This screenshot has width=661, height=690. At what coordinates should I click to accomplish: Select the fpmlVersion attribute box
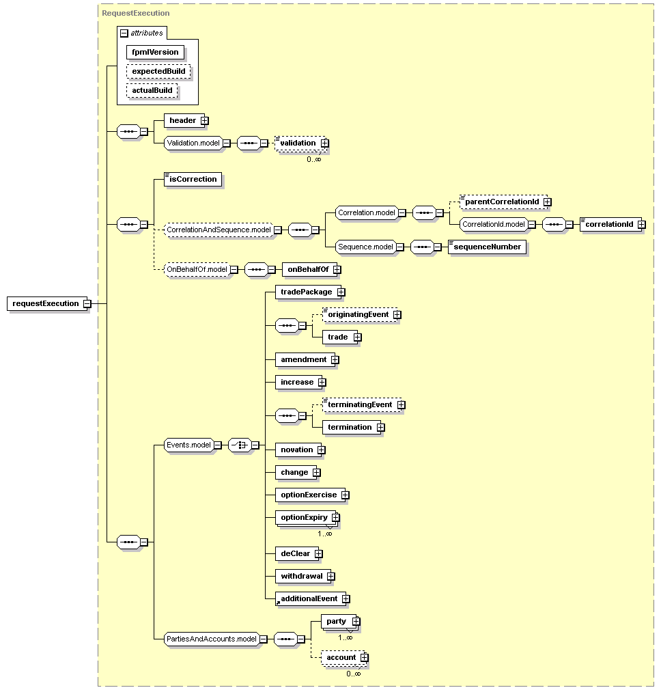pos(155,52)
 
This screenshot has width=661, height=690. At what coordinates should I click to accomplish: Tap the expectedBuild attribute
pos(158,71)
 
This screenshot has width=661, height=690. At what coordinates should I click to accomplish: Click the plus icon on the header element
pos(204,120)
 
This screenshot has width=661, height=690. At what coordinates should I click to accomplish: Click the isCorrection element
pos(193,179)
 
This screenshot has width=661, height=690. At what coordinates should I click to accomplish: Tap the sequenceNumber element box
pos(487,247)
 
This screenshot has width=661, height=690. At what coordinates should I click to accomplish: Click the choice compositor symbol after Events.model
pos(240,445)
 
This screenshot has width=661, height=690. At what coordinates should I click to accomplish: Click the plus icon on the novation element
pos(322,450)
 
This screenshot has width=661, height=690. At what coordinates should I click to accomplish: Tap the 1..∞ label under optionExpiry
pos(325,534)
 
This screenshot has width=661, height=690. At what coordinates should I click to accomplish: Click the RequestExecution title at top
pos(135,13)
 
